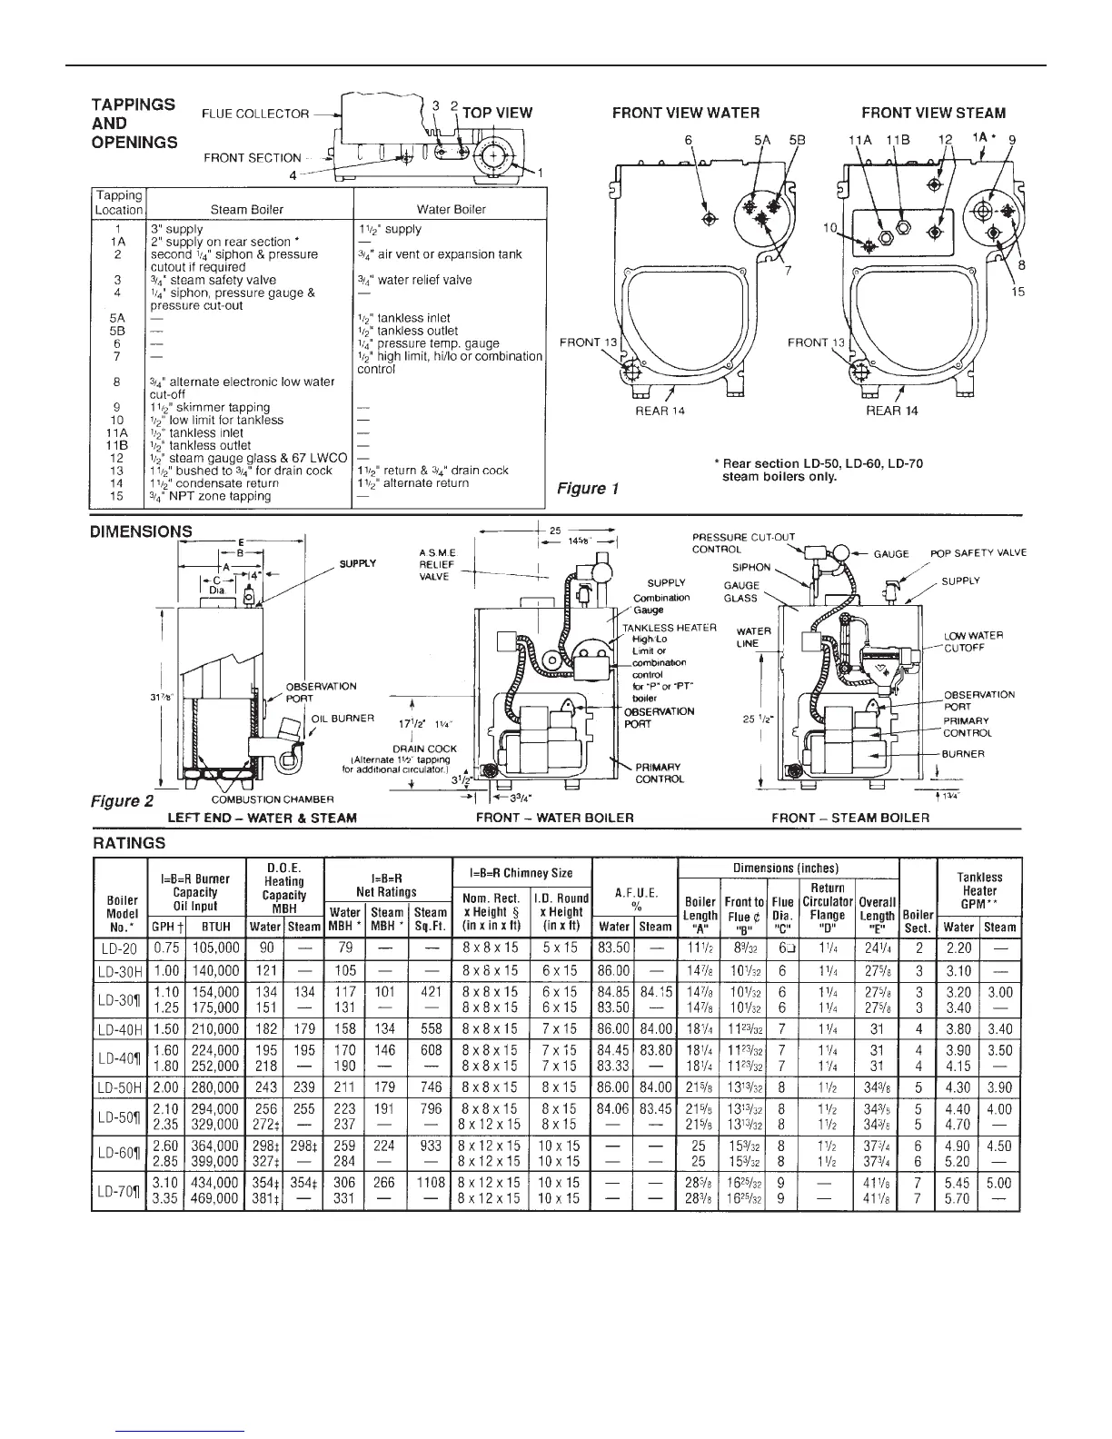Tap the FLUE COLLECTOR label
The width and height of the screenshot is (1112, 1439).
click(255, 114)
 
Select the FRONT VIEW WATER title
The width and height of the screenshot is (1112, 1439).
click(685, 114)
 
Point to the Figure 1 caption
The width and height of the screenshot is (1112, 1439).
click(587, 489)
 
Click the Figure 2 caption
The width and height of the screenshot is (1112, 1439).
click(123, 801)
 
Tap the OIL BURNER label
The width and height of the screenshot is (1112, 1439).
click(343, 719)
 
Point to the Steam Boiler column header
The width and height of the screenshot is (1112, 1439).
click(247, 209)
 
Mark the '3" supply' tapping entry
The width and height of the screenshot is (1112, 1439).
click(176, 230)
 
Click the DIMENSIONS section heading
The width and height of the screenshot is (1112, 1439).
click(141, 531)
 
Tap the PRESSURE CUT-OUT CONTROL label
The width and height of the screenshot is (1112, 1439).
click(743, 542)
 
